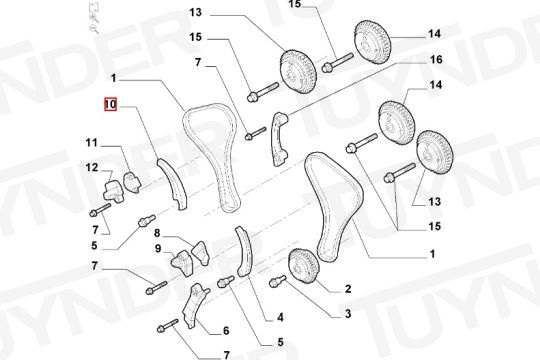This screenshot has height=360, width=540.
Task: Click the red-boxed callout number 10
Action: (111, 104)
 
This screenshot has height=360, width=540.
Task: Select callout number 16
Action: (436, 60)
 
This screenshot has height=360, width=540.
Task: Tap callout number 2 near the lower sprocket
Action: (348, 289)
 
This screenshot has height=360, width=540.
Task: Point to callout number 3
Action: (348, 314)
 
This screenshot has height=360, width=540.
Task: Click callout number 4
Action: (280, 317)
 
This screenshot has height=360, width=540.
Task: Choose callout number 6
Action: (226, 331)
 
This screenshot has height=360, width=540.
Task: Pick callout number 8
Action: (157, 233)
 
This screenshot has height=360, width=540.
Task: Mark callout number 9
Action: (158, 248)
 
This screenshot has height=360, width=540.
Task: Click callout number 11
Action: (92, 142)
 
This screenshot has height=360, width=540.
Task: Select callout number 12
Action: (92, 167)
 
